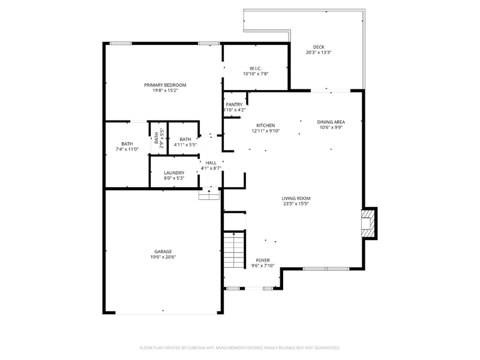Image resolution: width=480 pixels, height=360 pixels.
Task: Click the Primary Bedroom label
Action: coord(165,85)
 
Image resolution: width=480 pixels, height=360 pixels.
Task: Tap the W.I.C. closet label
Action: coord(256,68)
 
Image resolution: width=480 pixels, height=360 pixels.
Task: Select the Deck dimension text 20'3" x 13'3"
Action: coord(319,53)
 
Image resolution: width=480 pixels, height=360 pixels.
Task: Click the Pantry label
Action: coord(234,104)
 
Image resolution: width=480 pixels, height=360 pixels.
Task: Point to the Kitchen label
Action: coord(265,125)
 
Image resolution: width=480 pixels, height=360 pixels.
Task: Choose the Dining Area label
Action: coord(331,122)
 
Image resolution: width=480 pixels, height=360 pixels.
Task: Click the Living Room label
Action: coord(296,198)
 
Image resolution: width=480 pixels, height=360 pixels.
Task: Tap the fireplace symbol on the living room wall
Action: coord(367,223)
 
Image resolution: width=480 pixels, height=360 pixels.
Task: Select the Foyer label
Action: coord(263,260)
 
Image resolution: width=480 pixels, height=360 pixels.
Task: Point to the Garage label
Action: coord(163,251)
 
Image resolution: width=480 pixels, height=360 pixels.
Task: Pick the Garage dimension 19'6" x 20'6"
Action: coord(163,257)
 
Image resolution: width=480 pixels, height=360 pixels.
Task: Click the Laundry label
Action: coord(174,173)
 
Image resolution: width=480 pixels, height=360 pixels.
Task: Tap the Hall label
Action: coord(211,163)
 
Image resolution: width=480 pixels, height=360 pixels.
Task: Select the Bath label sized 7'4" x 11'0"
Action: coord(127,143)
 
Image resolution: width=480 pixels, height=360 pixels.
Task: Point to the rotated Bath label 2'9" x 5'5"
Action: coord(158,139)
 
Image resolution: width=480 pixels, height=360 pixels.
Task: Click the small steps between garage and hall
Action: coord(209,194)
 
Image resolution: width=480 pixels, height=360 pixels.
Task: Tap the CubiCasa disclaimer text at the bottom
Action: coord(240,347)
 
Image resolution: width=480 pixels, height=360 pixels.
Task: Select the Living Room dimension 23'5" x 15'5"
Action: coord(296,203)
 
